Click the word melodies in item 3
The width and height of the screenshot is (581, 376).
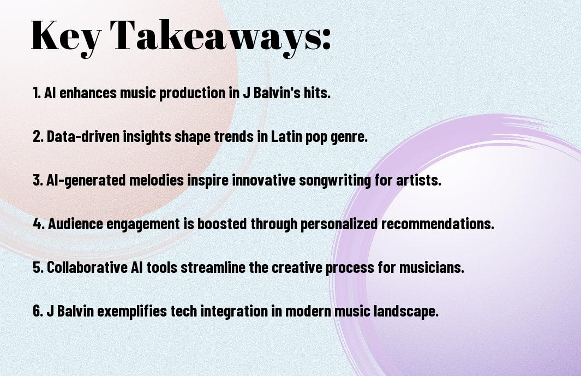157,180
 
